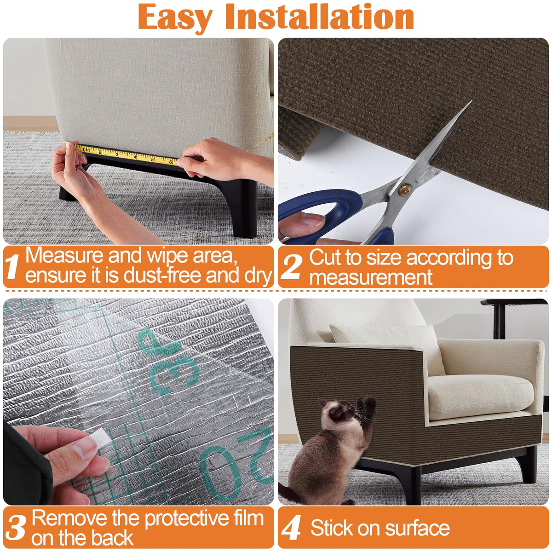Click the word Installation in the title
(319, 16)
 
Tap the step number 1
(12, 267)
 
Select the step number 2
(291, 267)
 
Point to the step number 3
(16, 527)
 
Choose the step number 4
(291, 527)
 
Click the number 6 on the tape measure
(171, 162)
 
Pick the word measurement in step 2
(371, 277)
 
